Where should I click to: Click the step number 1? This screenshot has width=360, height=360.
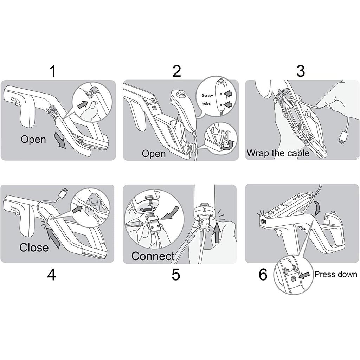[x=53, y=71]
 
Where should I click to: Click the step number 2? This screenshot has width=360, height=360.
[x=176, y=71]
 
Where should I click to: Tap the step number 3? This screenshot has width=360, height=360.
[x=300, y=71]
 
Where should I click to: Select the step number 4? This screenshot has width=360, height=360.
[x=52, y=275]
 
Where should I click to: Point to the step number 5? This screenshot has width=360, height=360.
[x=176, y=275]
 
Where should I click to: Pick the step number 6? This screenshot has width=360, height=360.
[x=263, y=275]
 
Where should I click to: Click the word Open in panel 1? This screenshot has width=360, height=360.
[x=33, y=139]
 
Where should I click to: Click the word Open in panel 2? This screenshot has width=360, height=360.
[x=154, y=154]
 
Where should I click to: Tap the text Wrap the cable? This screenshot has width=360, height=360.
[x=278, y=153]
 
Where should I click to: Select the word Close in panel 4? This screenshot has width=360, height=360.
[x=34, y=247]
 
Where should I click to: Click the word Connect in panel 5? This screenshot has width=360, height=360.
[x=153, y=256]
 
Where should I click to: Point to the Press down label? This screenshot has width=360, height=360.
[x=335, y=274]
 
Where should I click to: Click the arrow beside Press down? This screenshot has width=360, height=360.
[x=304, y=276]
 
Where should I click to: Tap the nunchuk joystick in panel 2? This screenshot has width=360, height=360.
[x=181, y=94]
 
